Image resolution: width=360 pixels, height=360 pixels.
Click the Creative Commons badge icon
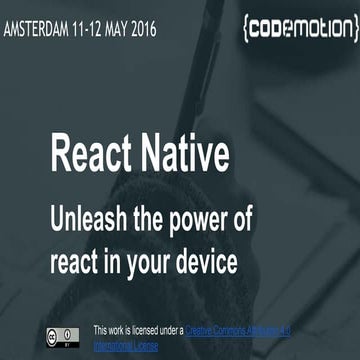[61, 334]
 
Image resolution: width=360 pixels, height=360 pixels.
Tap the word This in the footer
[101, 329]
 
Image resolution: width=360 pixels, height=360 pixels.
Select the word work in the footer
[120, 329]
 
